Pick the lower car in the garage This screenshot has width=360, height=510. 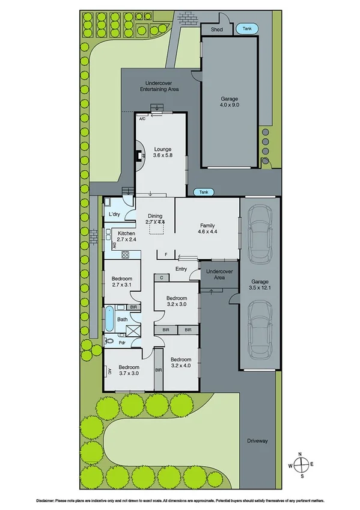(260, 328)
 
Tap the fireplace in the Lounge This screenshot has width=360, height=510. (141, 156)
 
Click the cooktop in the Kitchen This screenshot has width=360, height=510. (126, 254)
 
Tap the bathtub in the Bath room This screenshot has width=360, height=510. (109, 319)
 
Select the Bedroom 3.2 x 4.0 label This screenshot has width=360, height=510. (180, 362)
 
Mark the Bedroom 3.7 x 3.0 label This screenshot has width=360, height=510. (129, 370)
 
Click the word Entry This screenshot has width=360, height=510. (181, 269)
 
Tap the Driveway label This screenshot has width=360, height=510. (257, 441)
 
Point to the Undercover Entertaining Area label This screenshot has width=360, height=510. (159, 86)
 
